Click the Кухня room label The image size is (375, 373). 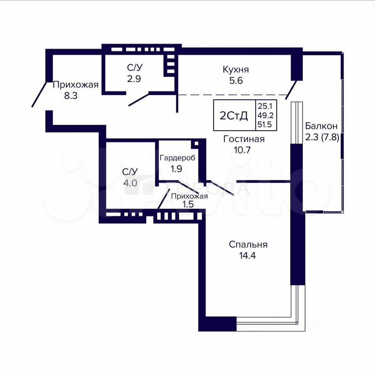point(236,70)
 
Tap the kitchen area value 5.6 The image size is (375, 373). point(236,80)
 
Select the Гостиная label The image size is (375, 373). point(244,139)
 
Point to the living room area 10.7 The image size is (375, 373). point(242,150)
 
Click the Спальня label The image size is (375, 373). point(248,245)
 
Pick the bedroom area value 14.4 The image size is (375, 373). point(248,256)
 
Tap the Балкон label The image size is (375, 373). point(321,125)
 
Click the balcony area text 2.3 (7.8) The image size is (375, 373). point(322,138)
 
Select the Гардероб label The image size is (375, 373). point(178,158)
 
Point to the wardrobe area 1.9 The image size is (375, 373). point(176,169)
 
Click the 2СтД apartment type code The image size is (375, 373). point(234,116)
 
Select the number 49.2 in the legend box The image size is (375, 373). point(265,115)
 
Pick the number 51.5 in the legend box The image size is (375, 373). point(265,125)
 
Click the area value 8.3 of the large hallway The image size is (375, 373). point(71,96)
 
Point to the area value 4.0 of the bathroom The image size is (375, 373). point(130,183)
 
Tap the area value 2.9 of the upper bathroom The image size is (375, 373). point(134,78)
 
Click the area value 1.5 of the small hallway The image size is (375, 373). point(188,204)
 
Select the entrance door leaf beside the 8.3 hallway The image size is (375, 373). point(39,94)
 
